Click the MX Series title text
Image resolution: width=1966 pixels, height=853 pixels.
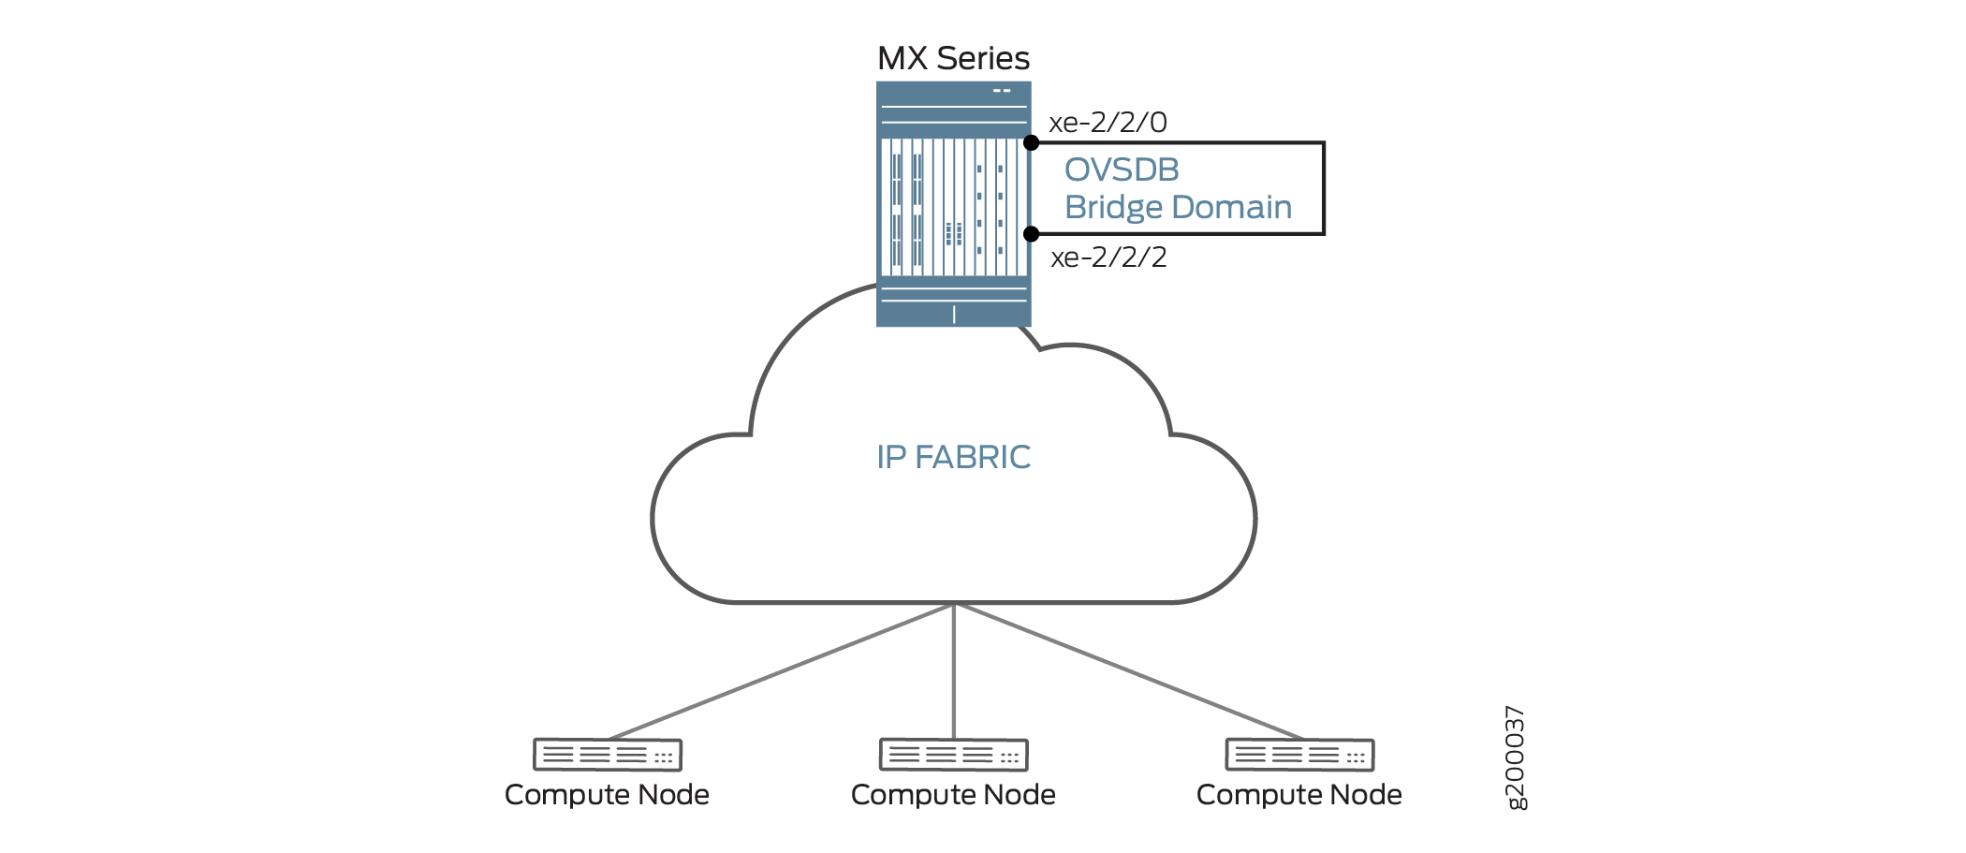[953, 58]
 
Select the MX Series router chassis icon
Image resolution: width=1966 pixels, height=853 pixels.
[953, 204]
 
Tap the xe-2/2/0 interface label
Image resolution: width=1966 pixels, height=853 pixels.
[1108, 123]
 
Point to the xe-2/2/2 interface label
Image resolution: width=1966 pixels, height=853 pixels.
[1108, 257]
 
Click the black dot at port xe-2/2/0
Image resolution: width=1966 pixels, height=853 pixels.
[1031, 143]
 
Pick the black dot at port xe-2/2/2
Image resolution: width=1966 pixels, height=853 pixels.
[1031, 233]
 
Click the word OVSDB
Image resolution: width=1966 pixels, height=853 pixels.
[1122, 169]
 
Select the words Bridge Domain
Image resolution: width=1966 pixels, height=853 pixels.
[1178, 207]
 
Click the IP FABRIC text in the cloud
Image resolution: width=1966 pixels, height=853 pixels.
[953, 457]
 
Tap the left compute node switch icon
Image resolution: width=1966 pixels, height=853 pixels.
[608, 755]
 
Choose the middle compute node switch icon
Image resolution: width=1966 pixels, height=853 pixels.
[953, 755]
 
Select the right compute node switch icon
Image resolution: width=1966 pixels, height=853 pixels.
[1299, 755]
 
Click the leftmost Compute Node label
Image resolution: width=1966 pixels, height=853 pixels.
[607, 795]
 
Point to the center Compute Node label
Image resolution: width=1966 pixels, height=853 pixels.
[953, 795]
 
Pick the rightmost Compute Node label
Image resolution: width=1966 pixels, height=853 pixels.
[1299, 795]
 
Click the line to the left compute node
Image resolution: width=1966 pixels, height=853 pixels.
[780, 671]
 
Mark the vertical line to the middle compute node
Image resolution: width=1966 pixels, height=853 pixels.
[953, 671]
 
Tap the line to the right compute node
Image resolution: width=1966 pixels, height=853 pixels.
[1127, 671]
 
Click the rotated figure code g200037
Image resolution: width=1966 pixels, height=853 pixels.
[1515, 757]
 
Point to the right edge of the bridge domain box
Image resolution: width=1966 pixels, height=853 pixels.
[1323, 188]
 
